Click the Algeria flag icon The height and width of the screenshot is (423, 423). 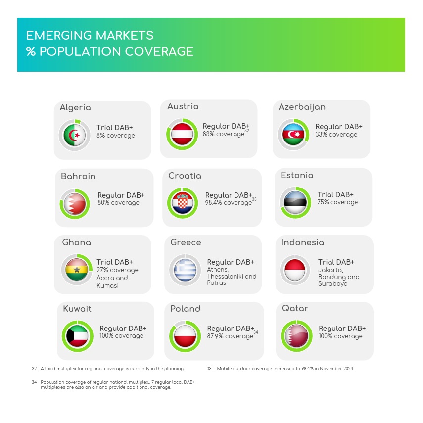(x=74, y=135)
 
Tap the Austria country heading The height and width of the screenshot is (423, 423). (x=183, y=106)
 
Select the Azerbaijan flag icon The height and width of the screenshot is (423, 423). (x=293, y=135)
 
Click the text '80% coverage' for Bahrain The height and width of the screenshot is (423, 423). (x=118, y=203)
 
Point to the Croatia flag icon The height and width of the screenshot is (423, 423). (x=183, y=203)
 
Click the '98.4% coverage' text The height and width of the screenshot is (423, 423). (x=228, y=203)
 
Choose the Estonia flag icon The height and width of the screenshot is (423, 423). (x=295, y=202)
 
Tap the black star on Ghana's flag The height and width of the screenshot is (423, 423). (x=77, y=269)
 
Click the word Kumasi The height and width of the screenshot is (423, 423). (x=107, y=285)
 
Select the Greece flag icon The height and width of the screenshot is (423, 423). (x=185, y=270)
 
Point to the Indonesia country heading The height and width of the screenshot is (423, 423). (x=302, y=242)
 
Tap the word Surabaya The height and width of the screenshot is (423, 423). (x=332, y=284)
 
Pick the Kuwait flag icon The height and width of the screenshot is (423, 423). (x=77, y=336)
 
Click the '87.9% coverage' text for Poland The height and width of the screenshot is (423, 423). (x=230, y=336)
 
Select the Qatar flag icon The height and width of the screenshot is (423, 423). (x=297, y=336)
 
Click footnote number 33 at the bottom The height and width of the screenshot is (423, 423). (x=209, y=369)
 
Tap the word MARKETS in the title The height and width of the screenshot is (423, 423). (x=124, y=35)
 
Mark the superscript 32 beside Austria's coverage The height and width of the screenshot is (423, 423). (x=247, y=131)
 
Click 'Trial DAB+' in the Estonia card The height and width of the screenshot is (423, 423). (x=335, y=195)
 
